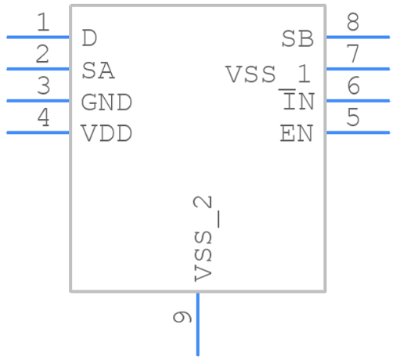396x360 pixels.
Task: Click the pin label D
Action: [x=90, y=38]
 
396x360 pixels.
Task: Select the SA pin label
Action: [x=99, y=70]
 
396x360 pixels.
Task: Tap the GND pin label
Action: [x=106, y=103]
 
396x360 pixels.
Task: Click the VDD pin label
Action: [x=106, y=134]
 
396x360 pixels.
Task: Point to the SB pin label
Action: [x=297, y=38]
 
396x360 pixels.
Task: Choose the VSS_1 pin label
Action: [x=268, y=75]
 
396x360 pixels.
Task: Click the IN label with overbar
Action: [x=297, y=102]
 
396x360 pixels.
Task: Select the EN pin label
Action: [x=297, y=134]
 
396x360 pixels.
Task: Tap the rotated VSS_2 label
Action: [x=204, y=239]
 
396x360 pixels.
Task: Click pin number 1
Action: [x=42, y=23]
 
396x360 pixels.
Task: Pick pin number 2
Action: [x=42, y=55]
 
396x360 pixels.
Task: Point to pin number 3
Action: [x=42, y=86]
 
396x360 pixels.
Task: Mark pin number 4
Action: [x=42, y=118]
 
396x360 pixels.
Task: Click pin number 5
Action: [x=354, y=118]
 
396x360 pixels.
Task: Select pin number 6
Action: [x=354, y=86]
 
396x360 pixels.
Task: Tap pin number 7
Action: [x=354, y=55]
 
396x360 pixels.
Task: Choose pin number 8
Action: [x=354, y=23]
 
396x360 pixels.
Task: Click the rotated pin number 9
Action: [x=182, y=318]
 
